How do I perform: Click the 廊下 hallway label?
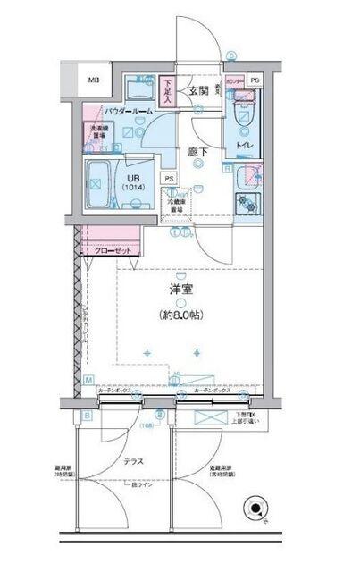point(198,152)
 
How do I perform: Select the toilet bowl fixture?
point(242,116)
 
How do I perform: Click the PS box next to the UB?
point(169,178)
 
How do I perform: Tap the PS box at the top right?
point(256,81)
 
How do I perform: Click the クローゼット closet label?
point(113,251)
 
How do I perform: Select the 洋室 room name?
point(181,290)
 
